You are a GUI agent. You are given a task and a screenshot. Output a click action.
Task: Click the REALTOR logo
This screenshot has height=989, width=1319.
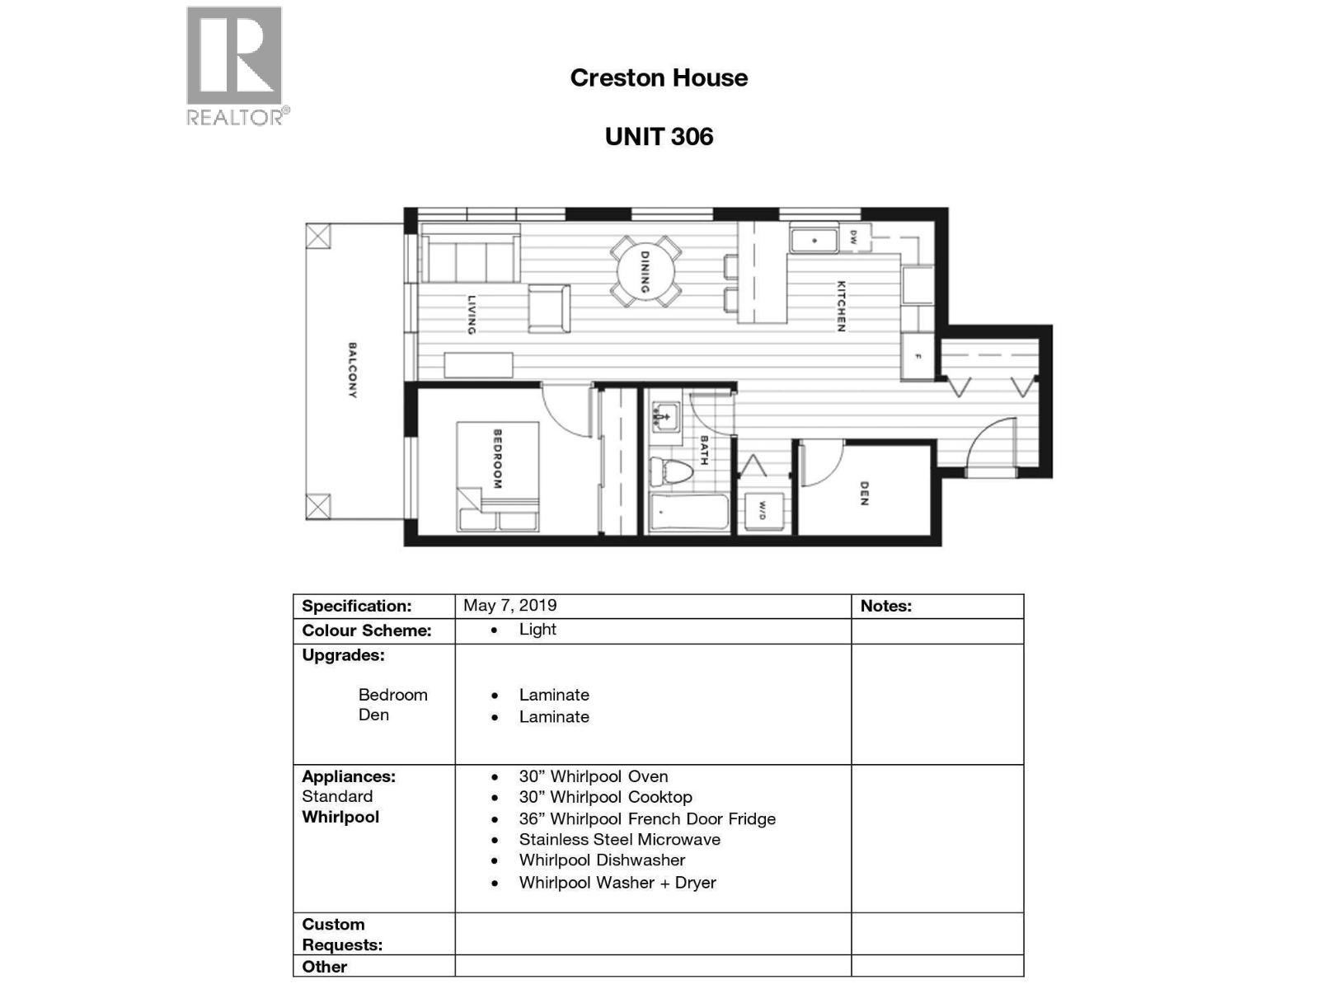pos(236,66)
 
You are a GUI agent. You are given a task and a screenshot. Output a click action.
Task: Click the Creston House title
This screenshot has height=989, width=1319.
pos(659,78)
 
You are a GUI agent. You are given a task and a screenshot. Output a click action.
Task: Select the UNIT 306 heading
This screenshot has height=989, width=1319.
pos(659,137)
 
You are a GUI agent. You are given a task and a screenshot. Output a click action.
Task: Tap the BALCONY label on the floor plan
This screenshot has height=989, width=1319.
pos(352,371)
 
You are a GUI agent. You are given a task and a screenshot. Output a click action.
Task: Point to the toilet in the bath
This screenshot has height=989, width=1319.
pos(669,472)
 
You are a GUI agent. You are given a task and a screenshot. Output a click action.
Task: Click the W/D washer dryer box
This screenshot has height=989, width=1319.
pos(763,511)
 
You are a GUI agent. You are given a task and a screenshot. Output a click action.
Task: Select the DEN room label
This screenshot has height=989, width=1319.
pos(863,493)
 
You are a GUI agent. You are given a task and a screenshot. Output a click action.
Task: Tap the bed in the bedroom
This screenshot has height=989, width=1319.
pos(497,476)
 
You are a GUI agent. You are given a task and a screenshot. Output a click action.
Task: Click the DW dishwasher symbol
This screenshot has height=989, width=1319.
pos(854,237)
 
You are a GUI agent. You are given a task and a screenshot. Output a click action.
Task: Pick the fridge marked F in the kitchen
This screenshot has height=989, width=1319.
pos(917,356)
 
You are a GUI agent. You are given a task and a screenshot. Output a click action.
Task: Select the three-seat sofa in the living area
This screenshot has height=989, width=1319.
pos(471,258)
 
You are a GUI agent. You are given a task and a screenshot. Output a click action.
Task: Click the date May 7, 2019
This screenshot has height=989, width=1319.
pos(509,606)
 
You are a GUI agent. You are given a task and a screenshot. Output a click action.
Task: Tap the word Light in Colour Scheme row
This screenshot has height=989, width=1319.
pos(537,630)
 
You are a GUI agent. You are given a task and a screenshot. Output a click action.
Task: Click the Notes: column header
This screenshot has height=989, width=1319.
pos(885,607)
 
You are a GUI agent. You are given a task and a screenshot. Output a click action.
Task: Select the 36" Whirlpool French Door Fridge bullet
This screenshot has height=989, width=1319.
pos(646,819)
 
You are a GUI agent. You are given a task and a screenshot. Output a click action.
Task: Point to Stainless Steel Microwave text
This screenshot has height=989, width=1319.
pos(619,840)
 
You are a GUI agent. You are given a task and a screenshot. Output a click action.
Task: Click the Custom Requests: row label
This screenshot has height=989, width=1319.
pos(341,935)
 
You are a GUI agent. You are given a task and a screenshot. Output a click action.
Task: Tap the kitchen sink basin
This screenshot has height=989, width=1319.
pos(814,241)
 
